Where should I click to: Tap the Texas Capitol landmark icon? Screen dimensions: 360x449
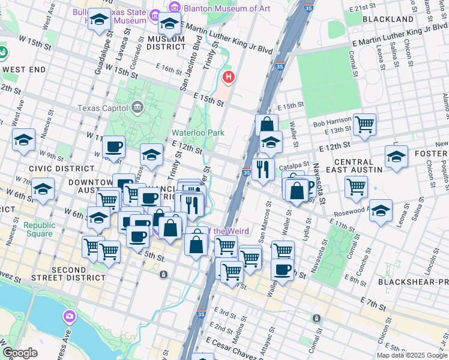(137, 107)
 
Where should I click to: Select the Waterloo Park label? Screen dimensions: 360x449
(193, 132)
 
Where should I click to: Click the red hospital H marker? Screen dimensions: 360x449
(228, 77)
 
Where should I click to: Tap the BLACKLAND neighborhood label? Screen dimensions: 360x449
(388, 19)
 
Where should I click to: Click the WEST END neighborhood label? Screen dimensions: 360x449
(23, 70)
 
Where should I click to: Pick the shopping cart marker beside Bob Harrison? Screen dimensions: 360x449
(364, 125)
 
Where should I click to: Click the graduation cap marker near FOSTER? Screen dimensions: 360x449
(396, 157)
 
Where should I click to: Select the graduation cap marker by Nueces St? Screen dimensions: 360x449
(23, 140)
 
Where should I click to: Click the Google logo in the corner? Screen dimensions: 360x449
(20, 353)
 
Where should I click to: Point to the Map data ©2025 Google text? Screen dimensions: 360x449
(411, 355)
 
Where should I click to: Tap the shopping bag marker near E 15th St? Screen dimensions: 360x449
(267, 125)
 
